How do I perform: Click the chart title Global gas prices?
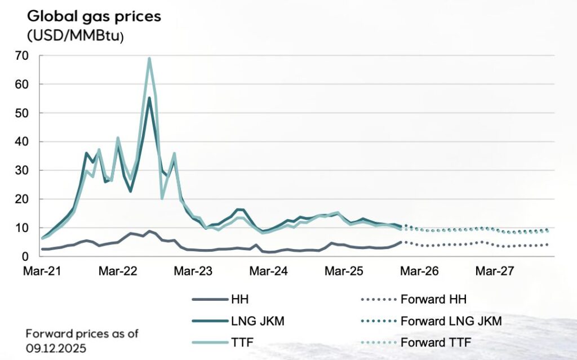[94, 16]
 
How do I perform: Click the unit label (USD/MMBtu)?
[74, 35]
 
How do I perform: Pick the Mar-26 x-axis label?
[419, 271]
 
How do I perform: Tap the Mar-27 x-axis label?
[495, 271]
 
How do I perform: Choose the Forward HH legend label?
[434, 300]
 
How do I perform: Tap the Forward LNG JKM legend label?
[451, 321]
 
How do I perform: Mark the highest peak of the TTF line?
[149, 58]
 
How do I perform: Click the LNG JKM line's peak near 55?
[149, 98]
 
